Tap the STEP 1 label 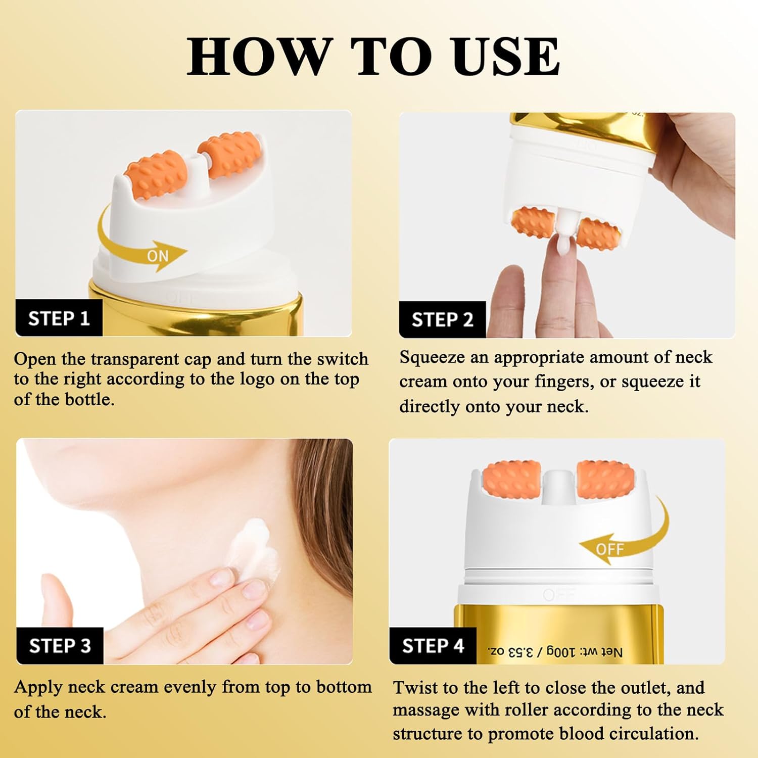tap(59, 318)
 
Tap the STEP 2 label tap(442, 320)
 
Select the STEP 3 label tap(60, 646)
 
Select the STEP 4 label tap(433, 646)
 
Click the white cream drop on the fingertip tap(562, 245)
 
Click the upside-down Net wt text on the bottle tap(555, 652)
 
